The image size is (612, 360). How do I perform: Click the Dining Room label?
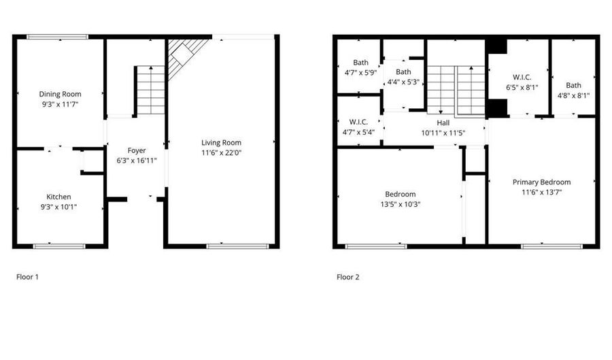pyautogui.click(x=60, y=94)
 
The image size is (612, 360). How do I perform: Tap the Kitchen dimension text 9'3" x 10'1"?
pyautogui.click(x=58, y=206)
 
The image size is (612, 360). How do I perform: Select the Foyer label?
pyautogui.click(x=137, y=150)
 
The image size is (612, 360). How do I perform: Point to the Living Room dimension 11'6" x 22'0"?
pyautogui.click(x=221, y=152)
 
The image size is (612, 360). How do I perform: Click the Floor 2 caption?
pyautogui.click(x=348, y=277)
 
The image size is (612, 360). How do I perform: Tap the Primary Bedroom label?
pyautogui.click(x=541, y=182)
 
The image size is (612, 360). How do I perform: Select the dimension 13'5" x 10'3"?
pyautogui.click(x=400, y=203)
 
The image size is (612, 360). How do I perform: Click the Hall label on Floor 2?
pyautogui.click(x=443, y=122)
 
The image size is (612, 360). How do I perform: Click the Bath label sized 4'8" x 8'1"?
pyautogui.click(x=574, y=85)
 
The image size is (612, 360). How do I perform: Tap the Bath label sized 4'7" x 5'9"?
pyautogui.click(x=360, y=63)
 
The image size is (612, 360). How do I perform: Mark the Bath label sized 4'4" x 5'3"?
pyautogui.click(x=403, y=71)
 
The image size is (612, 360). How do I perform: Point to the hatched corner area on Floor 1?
pyautogui.click(x=182, y=54)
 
